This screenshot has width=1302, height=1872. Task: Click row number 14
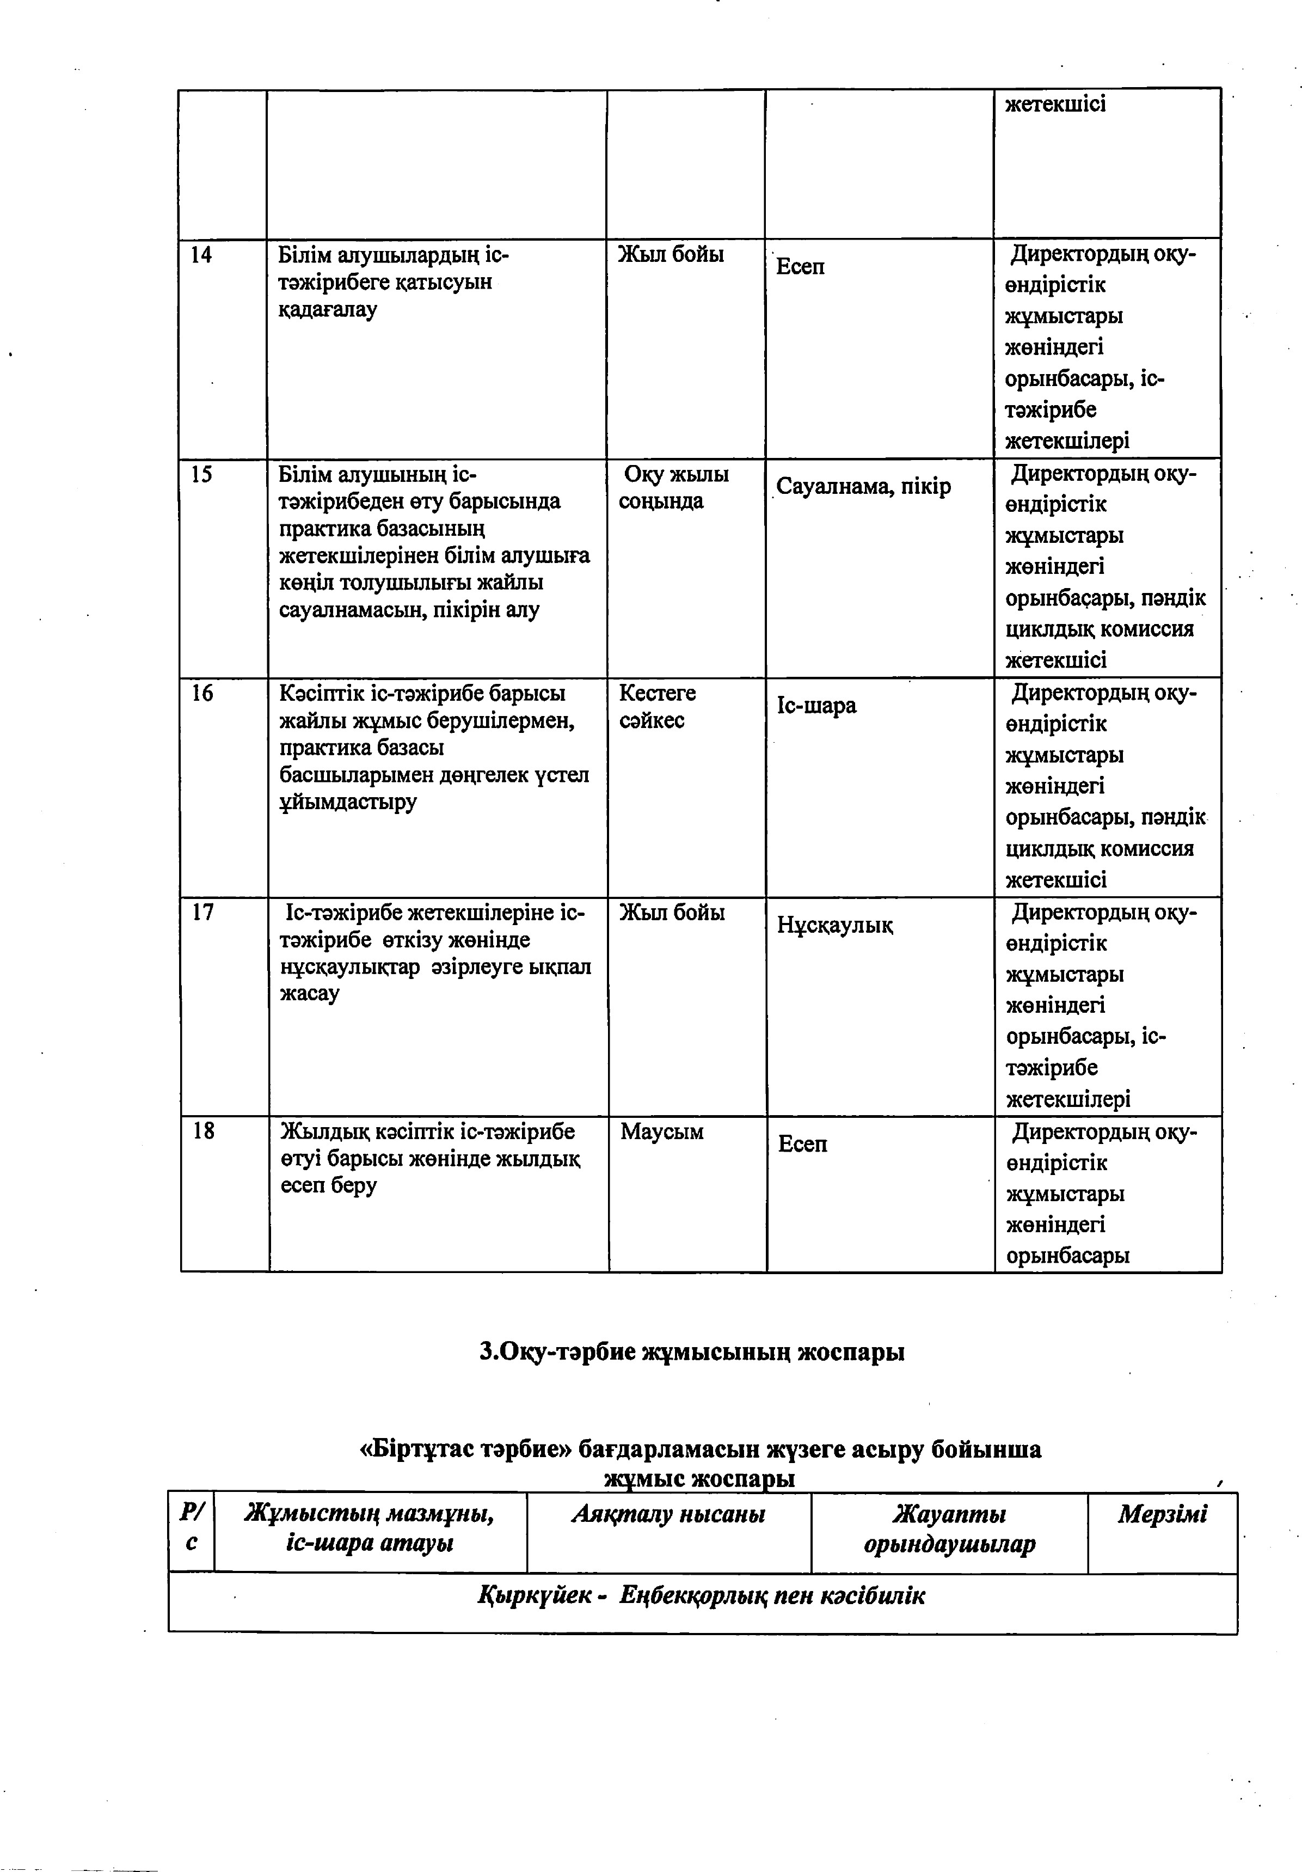[x=201, y=255]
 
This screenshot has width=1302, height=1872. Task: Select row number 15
[x=201, y=474]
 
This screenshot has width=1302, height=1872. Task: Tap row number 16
[x=202, y=694]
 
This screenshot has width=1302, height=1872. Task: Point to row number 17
[x=202, y=913]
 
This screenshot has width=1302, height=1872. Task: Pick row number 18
[x=203, y=1131]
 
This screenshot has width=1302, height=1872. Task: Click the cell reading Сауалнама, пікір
[x=863, y=487]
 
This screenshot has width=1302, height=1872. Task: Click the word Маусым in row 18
[x=661, y=1131]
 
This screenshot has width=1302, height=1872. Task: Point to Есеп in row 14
[x=800, y=267]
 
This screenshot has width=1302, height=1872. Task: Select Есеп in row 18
[x=802, y=1144]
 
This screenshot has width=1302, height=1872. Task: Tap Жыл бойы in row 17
[x=672, y=913]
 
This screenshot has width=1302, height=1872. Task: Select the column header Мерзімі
[x=1162, y=1514]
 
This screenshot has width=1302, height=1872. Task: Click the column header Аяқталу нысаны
[x=668, y=1514]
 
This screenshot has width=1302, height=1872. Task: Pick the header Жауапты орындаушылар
[x=949, y=1529]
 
